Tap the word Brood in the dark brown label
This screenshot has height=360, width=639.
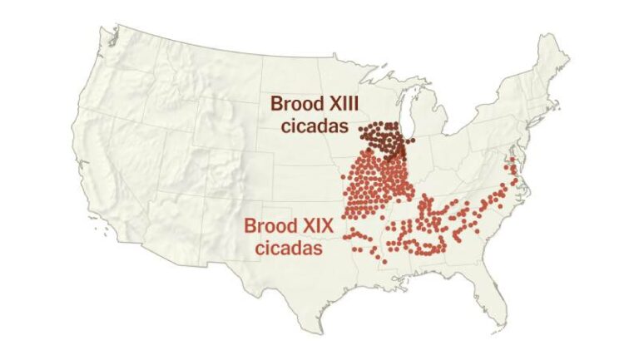pos(293,104)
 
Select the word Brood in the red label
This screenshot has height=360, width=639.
pos(265,224)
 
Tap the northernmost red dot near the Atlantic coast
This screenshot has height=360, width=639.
pos(513,160)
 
